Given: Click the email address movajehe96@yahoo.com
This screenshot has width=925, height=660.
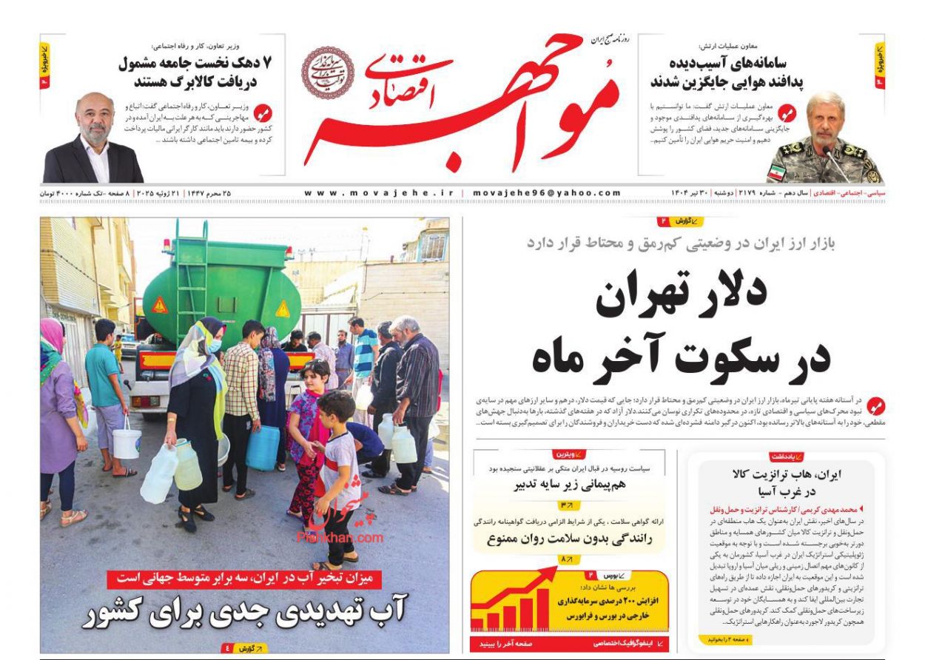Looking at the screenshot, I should click(547, 193).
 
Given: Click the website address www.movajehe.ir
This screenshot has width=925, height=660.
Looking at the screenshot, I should click(379, 193).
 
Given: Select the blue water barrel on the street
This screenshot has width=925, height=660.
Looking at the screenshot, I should click(263, 447).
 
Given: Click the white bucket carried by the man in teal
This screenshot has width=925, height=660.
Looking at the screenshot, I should click(127, 442).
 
